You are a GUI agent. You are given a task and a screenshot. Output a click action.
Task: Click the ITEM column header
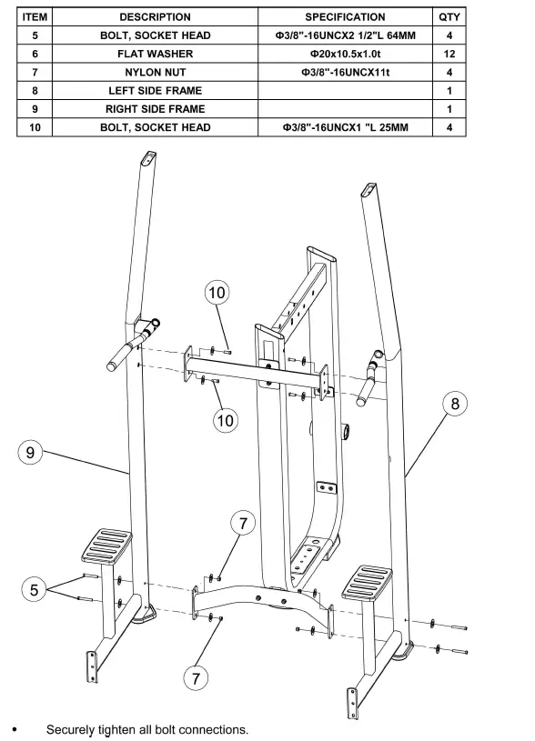tap(35, 16)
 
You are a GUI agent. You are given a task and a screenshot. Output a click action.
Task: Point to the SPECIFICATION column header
tap(344, 16)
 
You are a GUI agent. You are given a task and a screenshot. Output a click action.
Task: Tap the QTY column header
tap(449, 16)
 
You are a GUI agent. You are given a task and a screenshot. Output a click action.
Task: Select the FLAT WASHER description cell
tap(155, 54)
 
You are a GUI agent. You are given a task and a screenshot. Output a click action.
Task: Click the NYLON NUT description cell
tap(155, 72)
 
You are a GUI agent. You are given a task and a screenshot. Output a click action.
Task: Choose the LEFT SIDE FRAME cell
tap(155, 90)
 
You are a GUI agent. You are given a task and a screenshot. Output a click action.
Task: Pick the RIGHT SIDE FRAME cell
tap(155, 108)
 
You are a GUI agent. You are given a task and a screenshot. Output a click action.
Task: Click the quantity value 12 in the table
tap(449, 54)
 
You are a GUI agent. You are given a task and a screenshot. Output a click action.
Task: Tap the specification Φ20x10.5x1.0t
tap(344, 54)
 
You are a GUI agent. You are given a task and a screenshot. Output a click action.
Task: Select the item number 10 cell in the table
tap(35, 127)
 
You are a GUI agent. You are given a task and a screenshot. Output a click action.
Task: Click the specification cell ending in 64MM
tap(344, 35)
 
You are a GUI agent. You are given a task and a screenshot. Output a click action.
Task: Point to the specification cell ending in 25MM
tap(344, 127)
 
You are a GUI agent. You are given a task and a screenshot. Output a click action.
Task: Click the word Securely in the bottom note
tap(72, 729)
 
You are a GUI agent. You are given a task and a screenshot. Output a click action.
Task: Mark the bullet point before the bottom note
tap(13, 729)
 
